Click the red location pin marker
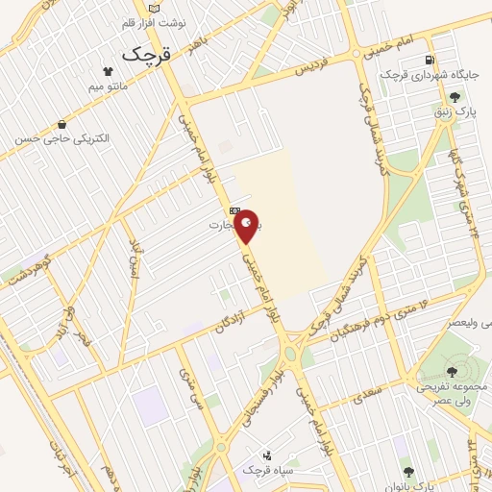pos(247,228)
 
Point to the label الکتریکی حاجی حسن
pos(62,139)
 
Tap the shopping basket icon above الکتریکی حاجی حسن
pos(62,124)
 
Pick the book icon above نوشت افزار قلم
pos(156,8)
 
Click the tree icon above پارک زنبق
pos(454,97)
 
